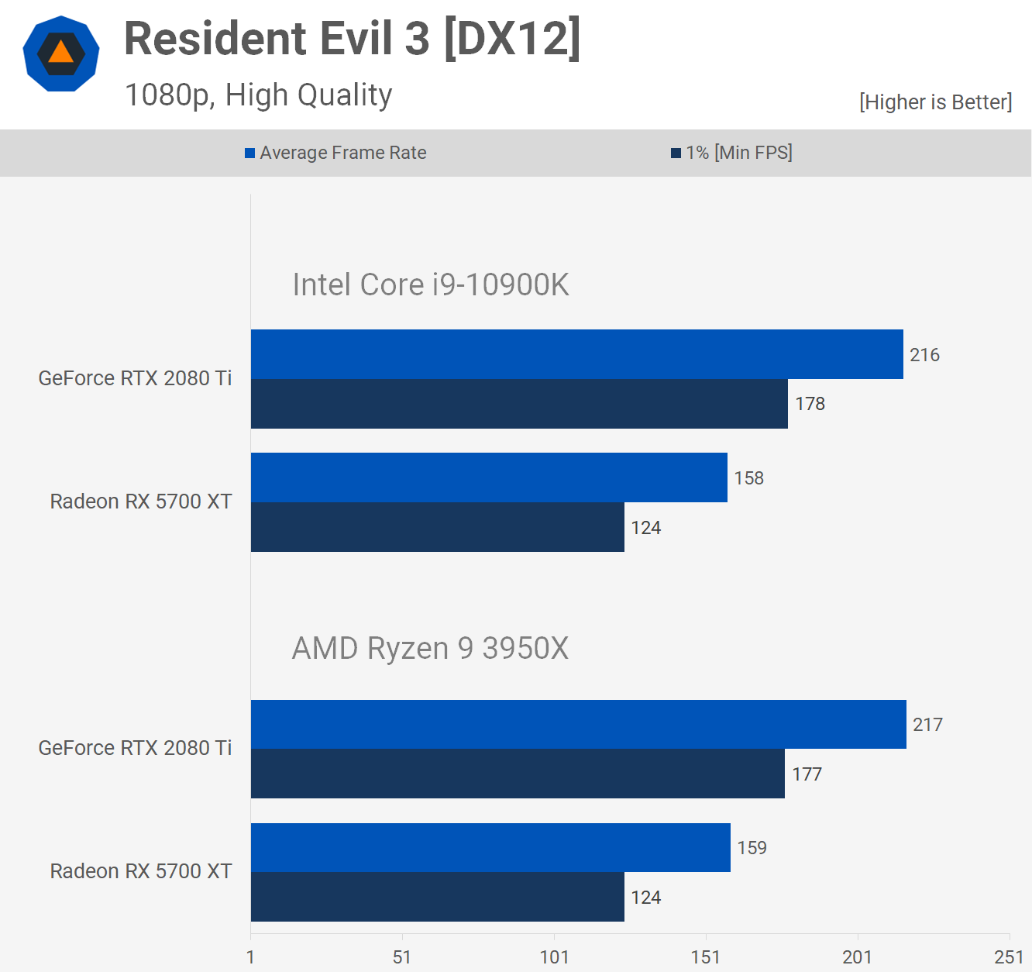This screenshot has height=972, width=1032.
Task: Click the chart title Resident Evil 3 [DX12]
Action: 353,39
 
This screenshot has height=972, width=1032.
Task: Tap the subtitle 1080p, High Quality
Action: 258,95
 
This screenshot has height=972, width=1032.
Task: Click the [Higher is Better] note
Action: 935,102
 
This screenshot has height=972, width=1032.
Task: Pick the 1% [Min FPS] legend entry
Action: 731,153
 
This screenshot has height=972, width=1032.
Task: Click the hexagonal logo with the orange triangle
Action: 61,53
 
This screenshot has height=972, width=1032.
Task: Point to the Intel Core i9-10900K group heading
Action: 430,284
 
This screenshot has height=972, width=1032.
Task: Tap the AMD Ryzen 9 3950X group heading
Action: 430,648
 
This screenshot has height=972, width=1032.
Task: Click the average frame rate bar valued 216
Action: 576,354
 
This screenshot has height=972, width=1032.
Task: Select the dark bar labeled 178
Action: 519,404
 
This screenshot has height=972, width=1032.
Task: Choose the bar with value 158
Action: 489,477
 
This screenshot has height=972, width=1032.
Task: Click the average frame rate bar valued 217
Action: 578,724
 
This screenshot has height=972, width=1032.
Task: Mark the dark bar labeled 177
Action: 518,774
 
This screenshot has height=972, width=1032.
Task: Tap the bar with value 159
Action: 490,847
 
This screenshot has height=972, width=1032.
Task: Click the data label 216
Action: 924,355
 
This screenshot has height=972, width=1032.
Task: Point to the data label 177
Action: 807,774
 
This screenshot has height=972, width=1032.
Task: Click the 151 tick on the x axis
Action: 705,957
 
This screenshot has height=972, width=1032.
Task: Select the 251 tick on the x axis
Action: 1009,957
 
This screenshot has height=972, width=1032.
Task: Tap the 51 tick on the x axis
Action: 401,957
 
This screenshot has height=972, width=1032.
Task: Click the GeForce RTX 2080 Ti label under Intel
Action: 135,378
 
